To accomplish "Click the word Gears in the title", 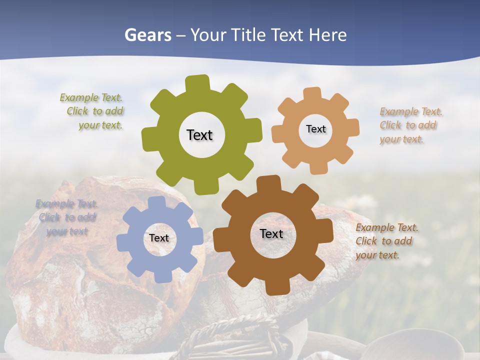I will pos(147,35).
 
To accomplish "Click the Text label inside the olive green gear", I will pos(199,135).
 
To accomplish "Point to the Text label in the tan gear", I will pos(315,129).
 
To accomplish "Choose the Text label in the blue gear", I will pos(159,238).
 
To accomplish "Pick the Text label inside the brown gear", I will pos(271,233).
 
